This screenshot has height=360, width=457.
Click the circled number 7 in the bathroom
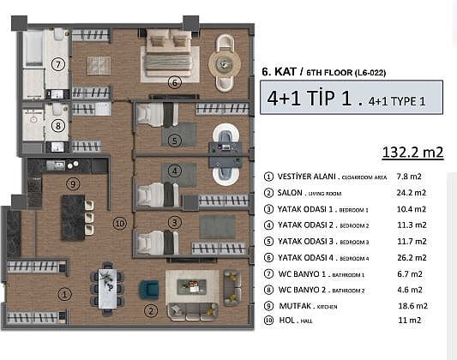pyautogui.click(x=58, y=64)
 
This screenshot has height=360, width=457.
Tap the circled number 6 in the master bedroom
pyautogui.click(x=175, y=83)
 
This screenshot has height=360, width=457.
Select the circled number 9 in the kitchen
pyautogui.click(x=73, y=183)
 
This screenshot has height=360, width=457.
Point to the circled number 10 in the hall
pyautogui.click(x=120, y=224)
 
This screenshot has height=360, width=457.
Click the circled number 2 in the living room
pyautogui.click(x=151, y=311)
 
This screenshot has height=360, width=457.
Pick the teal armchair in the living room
pyautogui.click(x=149, y=290)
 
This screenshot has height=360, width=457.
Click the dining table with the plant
pyautogui.click(x=107, y=288)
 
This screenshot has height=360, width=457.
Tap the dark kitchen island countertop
pyautogui.click(x=73, y=218)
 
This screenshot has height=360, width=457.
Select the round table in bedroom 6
pyautogui.click(x=225, y=63)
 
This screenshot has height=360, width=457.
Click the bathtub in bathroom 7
pyautogui.click(x=33, y=48)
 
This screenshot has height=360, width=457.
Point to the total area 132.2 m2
pyautogui.click(x=412, y=152)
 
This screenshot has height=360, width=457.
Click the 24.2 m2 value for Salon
pyautogui.click(x=412, y=193)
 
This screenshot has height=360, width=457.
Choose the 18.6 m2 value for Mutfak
pyautogui.click(x=412, y=306)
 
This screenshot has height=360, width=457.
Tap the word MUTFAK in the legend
pyautogui.click(x=295, y=306)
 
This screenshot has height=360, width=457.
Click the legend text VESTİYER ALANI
pyautogui.click(x=306, y=177)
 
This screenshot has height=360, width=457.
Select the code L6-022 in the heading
pyautogui.click(x=370, y=73)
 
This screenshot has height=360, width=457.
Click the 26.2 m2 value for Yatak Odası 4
pyautogui.click(x=412, y=258)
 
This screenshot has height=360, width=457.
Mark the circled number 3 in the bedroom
pyautogui.click(x=175, y=223)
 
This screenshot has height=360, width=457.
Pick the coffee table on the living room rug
pyautogui.click(x=192, y=286)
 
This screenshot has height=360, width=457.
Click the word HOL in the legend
pyautogui.click(x=286, y=320)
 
